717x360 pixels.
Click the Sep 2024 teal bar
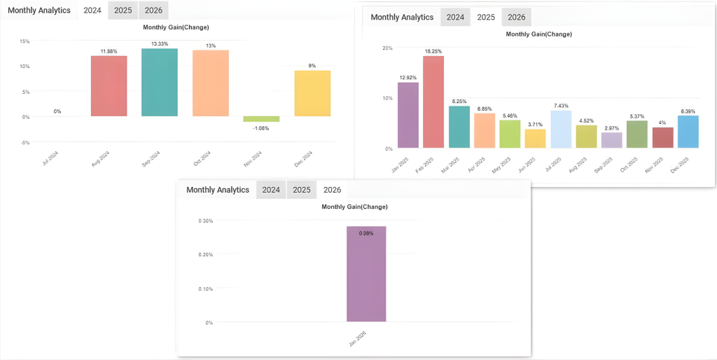coord(159,82)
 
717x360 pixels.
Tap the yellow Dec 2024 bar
coord(312,93)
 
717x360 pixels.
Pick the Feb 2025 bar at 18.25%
coord(433,102)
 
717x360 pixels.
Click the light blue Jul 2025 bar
coord(561,129)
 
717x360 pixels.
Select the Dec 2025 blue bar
coord(688,132)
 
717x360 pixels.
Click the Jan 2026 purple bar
coord(366,274)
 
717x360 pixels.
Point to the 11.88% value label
coord(109,51)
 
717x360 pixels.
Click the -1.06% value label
coord(261,128)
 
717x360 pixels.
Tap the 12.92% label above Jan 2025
coord(408,77)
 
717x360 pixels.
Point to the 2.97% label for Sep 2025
coord(611,128)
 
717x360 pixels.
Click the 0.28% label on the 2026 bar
coord(366,233)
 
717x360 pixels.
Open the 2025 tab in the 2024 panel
coord(123,11)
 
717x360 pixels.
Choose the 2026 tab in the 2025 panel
coord(516,18)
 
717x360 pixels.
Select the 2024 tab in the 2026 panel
coord(271,190)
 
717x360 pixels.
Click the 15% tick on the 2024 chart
coord(25,41)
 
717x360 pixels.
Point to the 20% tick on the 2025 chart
coord(388,48)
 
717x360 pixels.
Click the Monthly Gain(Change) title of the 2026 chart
coord(354,207)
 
